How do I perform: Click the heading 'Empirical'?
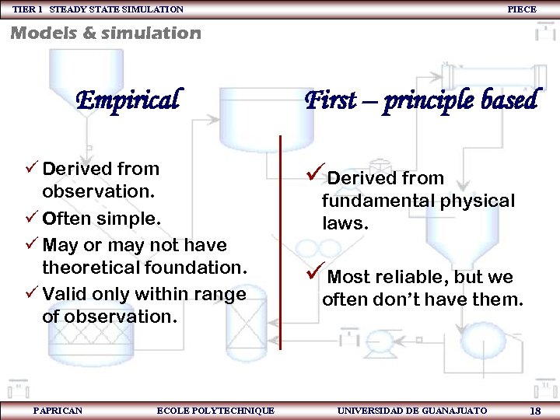[x=128, y=100]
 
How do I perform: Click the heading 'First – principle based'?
[x=421, y=100]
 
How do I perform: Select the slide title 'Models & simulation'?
[x=105, y=33]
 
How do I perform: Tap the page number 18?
[x=534, y=411]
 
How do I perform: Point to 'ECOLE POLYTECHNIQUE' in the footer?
[x=215, y=410]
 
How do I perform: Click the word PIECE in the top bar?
[x=521, y=9]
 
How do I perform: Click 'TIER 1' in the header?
[x=27, y=9]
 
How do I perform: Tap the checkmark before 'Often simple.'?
[x=30, y=219]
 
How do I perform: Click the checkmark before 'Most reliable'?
[x=314, y=275]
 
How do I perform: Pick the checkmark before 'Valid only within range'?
[x=30, y=294]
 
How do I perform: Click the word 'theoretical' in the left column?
[x=86, y=268]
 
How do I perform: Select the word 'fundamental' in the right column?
[x=370, y=201]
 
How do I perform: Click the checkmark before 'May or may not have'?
[x=30, y=245]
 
